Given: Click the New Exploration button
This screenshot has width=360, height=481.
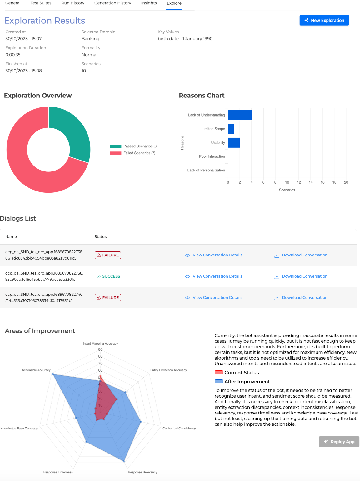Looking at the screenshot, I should (324, 20).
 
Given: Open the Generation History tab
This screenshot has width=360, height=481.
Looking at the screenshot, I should (112, 3).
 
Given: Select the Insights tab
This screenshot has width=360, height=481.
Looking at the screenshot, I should (149, 3).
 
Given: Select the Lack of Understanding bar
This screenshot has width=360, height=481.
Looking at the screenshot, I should (240, 115).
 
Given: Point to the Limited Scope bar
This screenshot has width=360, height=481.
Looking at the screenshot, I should (231, 129).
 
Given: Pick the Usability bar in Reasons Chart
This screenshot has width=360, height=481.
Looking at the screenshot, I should (234, 143).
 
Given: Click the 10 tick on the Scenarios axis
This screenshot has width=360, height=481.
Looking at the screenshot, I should (287, 182).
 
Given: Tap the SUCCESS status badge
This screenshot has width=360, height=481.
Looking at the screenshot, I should (108, 276).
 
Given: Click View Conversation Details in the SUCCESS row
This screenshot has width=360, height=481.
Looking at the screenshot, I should (217, 276).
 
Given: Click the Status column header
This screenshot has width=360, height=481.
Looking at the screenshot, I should (100, 237).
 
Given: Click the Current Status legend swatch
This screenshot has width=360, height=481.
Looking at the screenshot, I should (219, 372).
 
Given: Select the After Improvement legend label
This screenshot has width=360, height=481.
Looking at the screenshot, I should (247, 382).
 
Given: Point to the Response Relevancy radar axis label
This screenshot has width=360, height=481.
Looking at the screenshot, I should (142, 472).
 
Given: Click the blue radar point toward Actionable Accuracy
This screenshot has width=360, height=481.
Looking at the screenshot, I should (53, 374).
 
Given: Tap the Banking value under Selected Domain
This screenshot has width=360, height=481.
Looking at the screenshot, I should (90, 39).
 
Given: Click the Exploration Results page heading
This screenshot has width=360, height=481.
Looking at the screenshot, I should (45, 21).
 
